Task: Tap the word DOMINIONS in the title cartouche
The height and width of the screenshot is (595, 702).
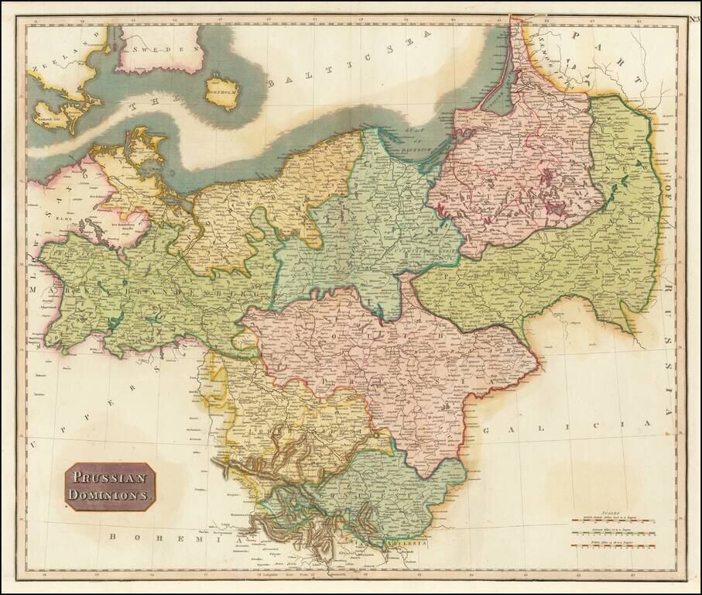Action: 111,494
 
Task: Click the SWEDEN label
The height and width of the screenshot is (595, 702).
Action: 160,49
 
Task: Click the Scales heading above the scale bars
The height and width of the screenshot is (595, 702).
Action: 612,506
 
